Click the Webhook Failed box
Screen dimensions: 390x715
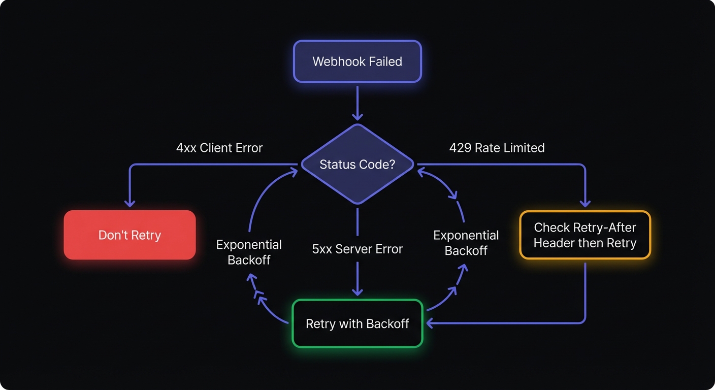pos(357,61)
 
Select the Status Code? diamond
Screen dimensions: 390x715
pos(357,165)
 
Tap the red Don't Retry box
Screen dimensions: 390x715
pos(129,235)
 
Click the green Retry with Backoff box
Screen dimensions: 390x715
pos(357,323)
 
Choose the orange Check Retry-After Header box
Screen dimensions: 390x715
pos(584,235)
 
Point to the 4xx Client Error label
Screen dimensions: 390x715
pos(219,148)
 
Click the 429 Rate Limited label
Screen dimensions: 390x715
pos(497,148)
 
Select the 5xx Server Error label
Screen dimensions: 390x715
pos(357,249)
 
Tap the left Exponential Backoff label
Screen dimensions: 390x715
pos(249,252)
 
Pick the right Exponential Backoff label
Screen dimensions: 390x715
pos(466,243)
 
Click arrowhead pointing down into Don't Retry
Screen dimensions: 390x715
pos(129,203)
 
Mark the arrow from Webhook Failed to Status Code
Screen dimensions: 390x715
pos(357,104)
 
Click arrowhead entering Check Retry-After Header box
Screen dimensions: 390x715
pos(585,203)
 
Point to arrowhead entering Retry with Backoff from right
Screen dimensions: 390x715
pos(430,323)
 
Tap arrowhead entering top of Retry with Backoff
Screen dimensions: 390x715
pos(357,291)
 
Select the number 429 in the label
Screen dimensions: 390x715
pos(460,148)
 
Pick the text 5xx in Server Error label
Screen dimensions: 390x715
pos(322,249)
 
